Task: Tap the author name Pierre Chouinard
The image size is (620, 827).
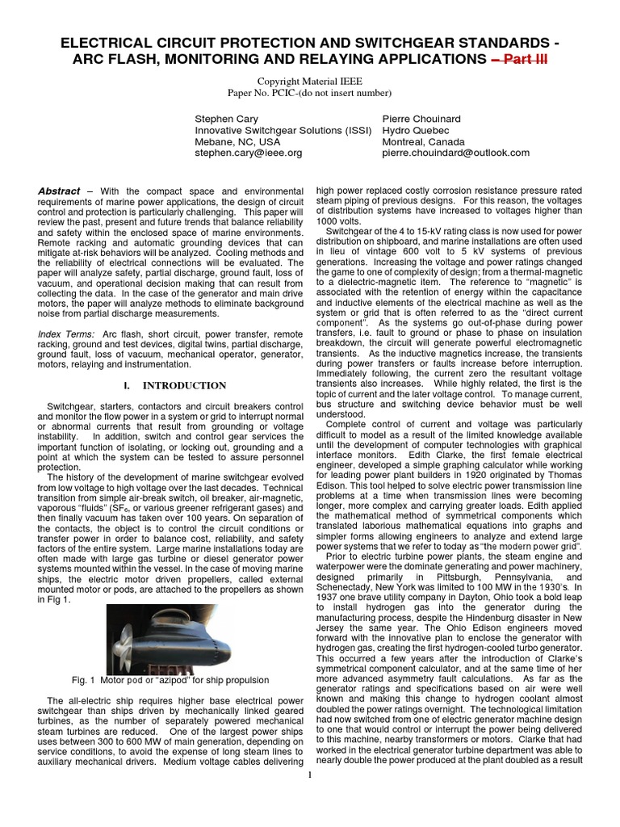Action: pyautogui.click(x=420, y=118)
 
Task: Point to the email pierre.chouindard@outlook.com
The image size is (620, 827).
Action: pyautogui.click(x=455, y=152)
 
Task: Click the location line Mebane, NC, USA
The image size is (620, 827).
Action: pyautogui.click(x=240, y=141)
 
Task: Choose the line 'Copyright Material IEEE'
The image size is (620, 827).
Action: pyautogui.click(x=309, y=82)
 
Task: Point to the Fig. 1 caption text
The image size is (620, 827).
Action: pyautogui.click(x=170, y=680)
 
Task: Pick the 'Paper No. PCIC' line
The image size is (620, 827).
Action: pyautogui.click(x=309, y=93)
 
